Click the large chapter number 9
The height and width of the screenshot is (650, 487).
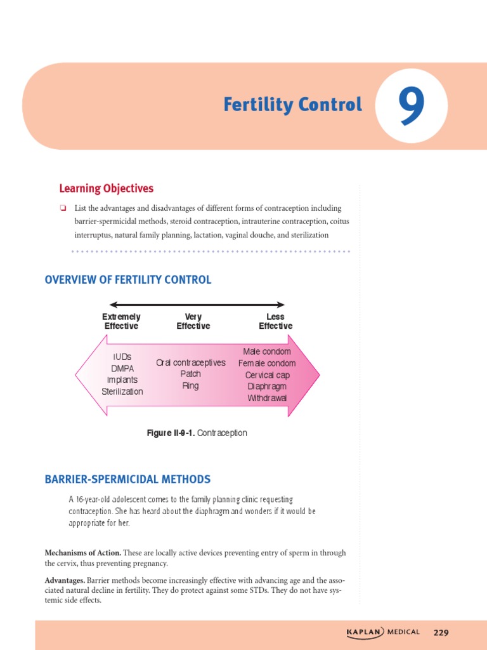coord(412,106)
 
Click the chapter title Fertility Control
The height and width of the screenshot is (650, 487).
coord(292,105)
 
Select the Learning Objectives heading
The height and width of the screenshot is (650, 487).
coord(106,189)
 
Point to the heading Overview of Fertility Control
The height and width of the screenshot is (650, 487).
coord(128,280)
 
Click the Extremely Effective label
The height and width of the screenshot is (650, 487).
coord(121,321)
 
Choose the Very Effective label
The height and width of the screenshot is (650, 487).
coord(193,321)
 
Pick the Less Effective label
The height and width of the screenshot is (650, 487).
coord(275,321)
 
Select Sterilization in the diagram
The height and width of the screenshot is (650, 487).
coord(122,392)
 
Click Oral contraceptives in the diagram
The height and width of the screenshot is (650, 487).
coord(190,362)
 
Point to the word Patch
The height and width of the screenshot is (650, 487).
coord(190,374)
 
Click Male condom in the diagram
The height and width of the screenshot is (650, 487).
coord(267,352)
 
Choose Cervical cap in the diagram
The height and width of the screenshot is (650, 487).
coord(267,375)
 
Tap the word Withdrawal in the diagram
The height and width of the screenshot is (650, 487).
coord(267,398)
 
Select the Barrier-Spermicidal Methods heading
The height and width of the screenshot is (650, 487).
coord(127,479)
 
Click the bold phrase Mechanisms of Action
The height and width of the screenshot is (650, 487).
coord(82,553)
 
